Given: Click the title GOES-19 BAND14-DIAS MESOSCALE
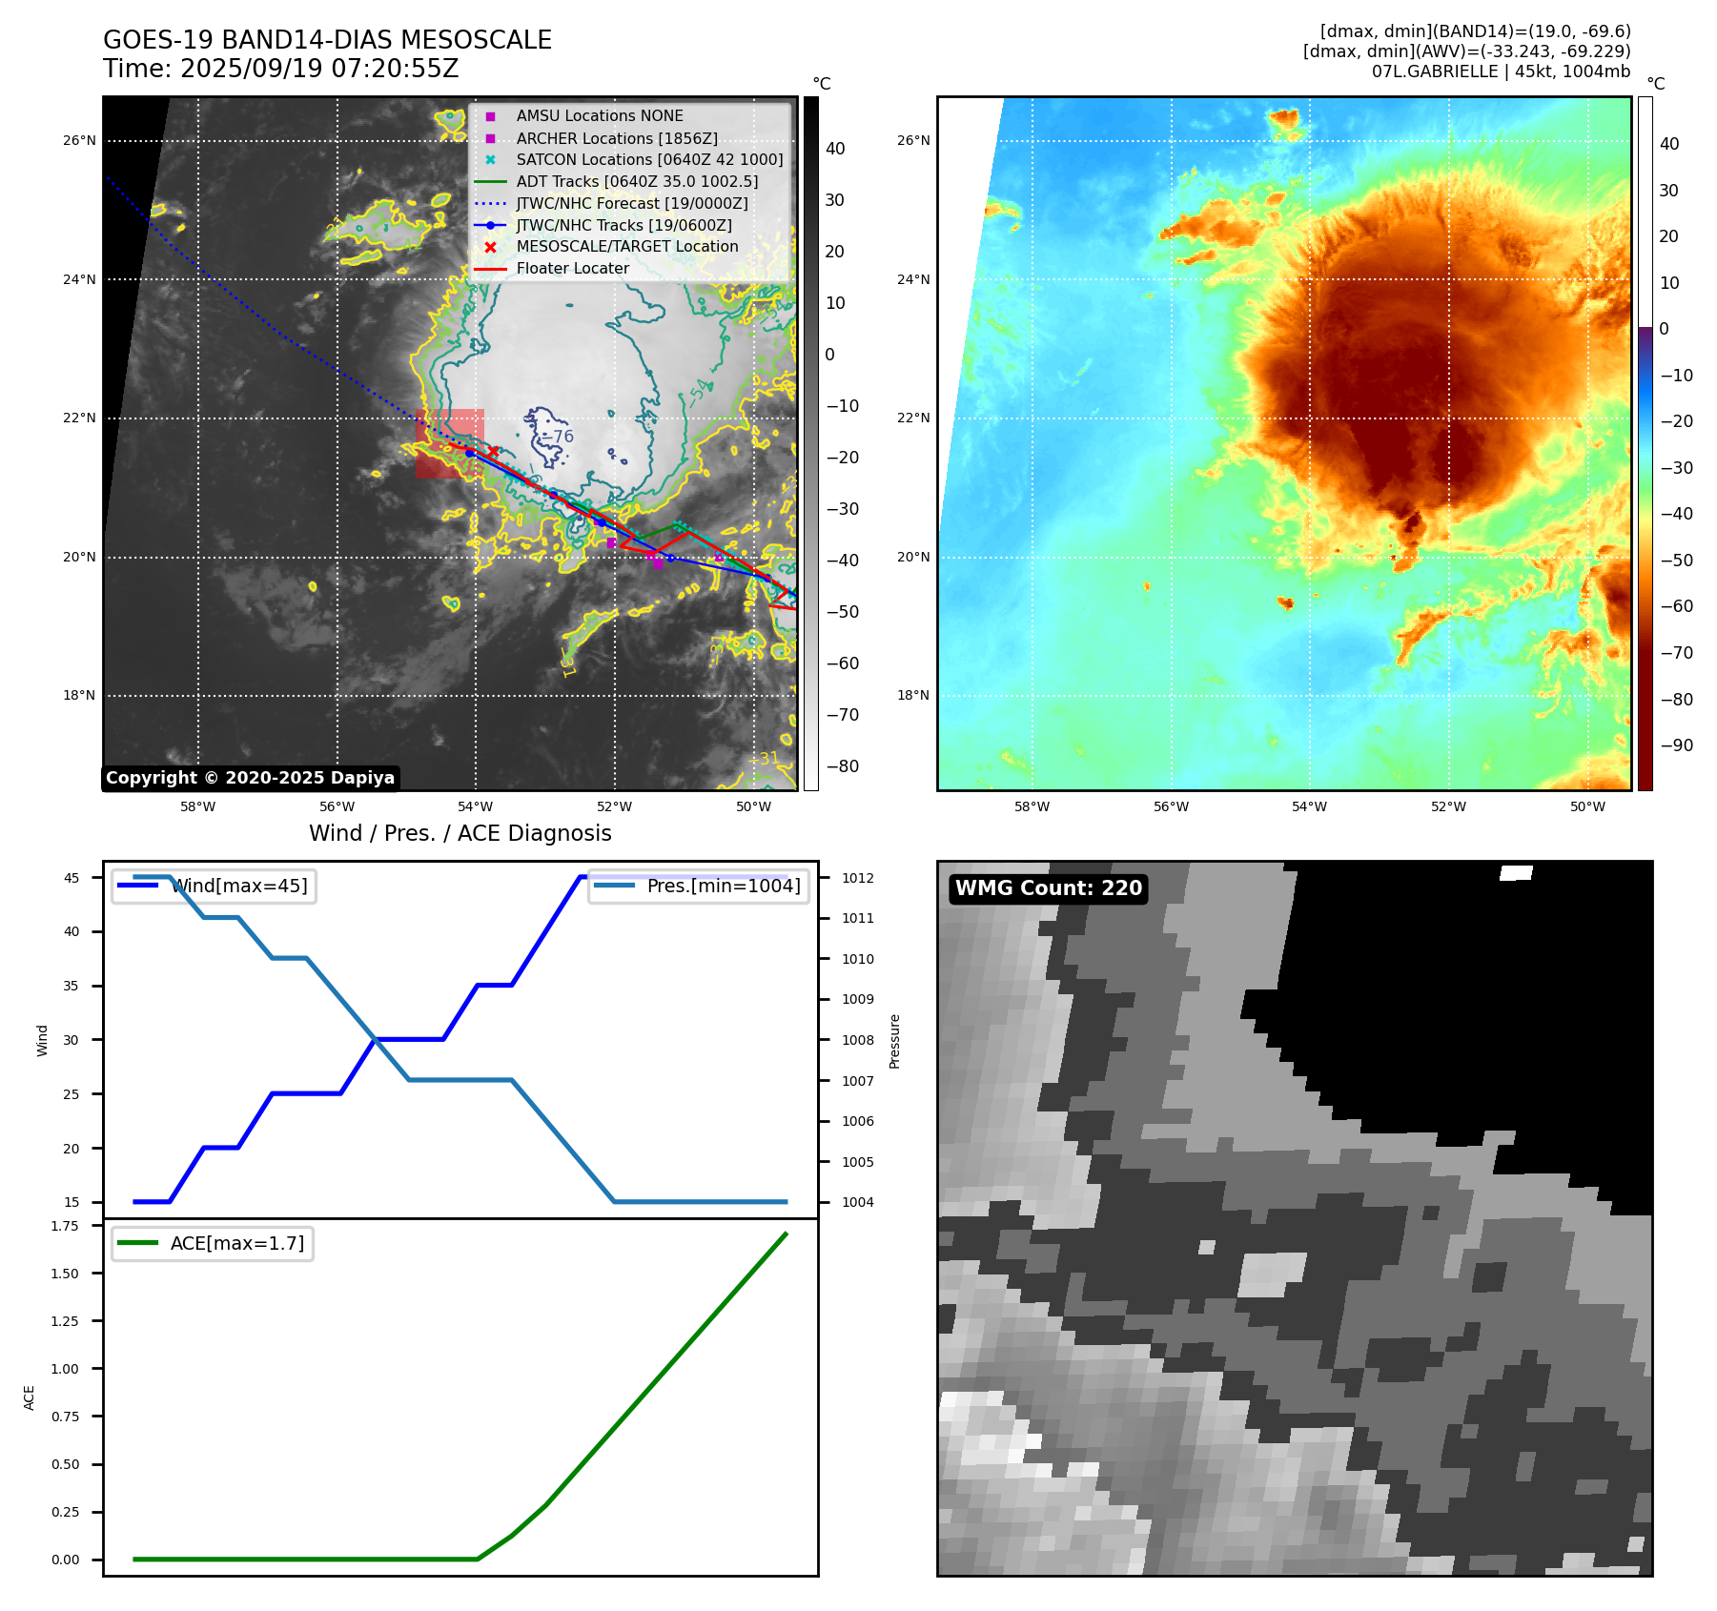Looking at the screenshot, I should click(x=327, y=40).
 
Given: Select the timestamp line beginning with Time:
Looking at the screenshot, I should click(x=280, y=69).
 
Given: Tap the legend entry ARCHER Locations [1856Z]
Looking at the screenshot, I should click(x=616, y=138).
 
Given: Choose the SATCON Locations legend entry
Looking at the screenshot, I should click(x=648, y=160).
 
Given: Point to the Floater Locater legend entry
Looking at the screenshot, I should click(x=572, y=269).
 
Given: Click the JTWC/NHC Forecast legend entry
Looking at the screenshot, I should click(x=631, y=203).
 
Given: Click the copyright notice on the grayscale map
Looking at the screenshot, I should click(x=250, y=778).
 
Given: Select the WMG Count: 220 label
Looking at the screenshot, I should click(x=1048, y=888).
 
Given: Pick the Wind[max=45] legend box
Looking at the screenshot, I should click(x=214, y=886).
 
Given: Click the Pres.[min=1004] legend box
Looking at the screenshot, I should click(x=698, y=886).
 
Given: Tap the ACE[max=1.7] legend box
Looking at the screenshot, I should click(x=213, y=1243).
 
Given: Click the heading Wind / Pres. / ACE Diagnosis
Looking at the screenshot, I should click(x=460, y=833).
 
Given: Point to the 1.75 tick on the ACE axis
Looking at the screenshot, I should click(x=65, y=1226).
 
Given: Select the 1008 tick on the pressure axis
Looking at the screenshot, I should click(x=857, y=1040).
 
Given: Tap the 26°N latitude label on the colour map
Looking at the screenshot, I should click(x=912, y=140).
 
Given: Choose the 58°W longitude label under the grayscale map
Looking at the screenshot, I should click(x=197, y=806).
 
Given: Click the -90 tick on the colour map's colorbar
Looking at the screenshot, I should click(x=1676, y=745).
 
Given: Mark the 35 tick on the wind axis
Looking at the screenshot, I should click(x=72, y=986).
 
